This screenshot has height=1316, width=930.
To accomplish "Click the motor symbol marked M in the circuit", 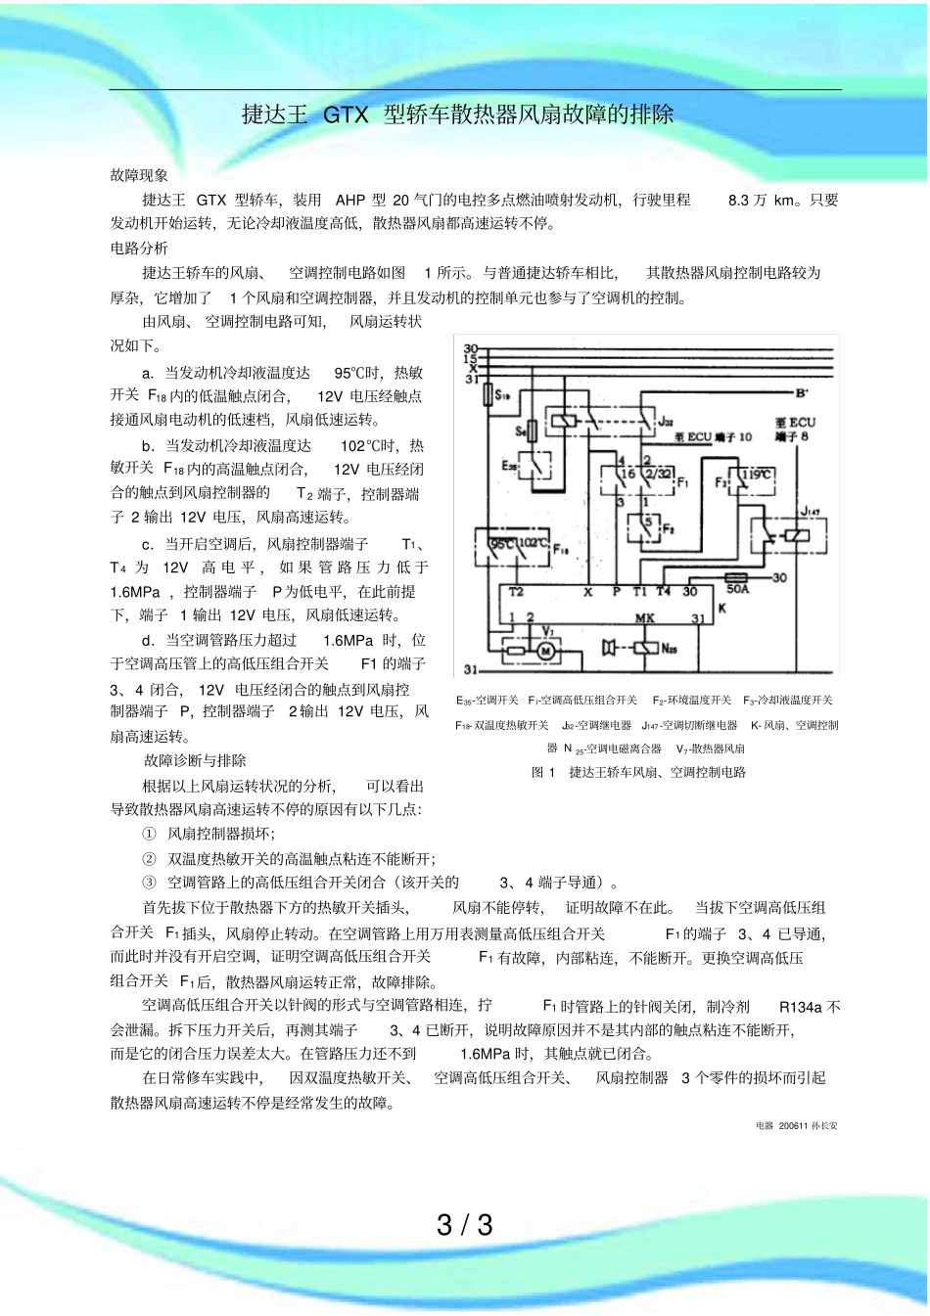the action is click(547, 649).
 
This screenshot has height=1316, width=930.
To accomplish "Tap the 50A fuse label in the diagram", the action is click(737, 589).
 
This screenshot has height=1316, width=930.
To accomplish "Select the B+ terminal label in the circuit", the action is click(802, 393).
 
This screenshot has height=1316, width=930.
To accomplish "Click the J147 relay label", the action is click(810, 512).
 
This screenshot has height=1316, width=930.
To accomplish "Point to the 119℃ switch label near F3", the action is click(756, 475).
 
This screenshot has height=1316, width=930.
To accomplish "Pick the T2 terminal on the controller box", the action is click(516, 592).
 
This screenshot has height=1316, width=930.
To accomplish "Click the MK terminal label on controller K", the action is click(644, 618).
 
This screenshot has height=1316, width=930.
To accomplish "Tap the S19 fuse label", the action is click(502, 396).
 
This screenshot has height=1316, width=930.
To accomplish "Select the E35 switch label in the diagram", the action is click(509, 466).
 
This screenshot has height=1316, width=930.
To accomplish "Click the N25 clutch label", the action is click(670, 649).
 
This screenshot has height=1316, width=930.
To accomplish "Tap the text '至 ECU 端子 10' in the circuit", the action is click(713, 437).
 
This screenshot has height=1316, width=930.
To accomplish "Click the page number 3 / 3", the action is click(465, 1225).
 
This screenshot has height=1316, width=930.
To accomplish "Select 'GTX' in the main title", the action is click(346, 114).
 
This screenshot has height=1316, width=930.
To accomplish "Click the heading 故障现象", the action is click(139, 175).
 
